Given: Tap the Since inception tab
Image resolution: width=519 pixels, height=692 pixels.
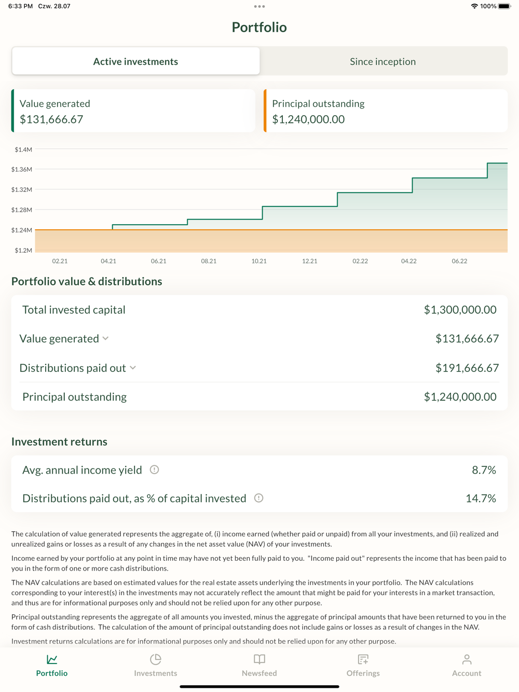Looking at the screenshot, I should pyautogui.click(x=383, y=61).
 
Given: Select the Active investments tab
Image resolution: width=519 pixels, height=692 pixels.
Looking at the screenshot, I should pyautogui.click(x=135, y=61).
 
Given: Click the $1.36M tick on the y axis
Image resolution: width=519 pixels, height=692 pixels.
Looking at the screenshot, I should pyautogui.click(x=22, y=169).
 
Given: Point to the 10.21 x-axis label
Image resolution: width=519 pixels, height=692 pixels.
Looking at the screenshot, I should pyautogui.click(x=259, y=261).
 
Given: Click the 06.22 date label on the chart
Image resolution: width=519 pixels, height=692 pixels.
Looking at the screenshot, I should pyautogui.click(x=459, y=261).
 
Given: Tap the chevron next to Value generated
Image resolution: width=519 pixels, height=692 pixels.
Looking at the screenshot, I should pyautogui.click(x=106, y=339).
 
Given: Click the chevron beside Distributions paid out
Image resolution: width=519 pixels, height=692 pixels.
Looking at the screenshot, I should pyautogui.click(x=133, y=368).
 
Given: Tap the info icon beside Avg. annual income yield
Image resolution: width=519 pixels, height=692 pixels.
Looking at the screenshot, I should pyautogui.click(x=154, y=469).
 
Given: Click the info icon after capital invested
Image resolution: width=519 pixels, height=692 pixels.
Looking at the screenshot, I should pyautogui.click(x=258, y=498).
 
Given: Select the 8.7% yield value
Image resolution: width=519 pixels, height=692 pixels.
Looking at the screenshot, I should pyautogui.click(x=484, y=470).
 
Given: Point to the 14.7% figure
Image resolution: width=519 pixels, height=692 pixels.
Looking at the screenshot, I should pyautogui.click(x=481, y=499).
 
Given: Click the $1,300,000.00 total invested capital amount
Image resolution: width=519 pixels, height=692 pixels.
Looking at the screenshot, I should pyautogui.click(x=460, y=310).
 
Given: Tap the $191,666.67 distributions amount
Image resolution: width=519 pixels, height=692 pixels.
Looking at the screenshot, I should pyautogui.click(x=467, y=368).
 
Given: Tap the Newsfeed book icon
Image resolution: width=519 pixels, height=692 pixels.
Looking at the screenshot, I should pyautogui.click(x=259, y=659).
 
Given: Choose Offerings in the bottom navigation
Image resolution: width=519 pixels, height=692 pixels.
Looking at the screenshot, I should pyautogui.click(x=363, y=665).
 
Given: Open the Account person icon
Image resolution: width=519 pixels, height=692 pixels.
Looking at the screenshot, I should pyautogui.click(x=467, y=659).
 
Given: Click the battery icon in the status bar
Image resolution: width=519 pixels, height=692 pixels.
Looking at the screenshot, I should pyautogui.click(x=504, y=6).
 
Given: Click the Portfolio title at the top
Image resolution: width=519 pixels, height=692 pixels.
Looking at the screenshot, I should pyautogui.click(x=259, y=27).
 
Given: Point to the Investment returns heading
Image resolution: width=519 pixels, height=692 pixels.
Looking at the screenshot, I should pyautogui.click(x=59, y=441).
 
